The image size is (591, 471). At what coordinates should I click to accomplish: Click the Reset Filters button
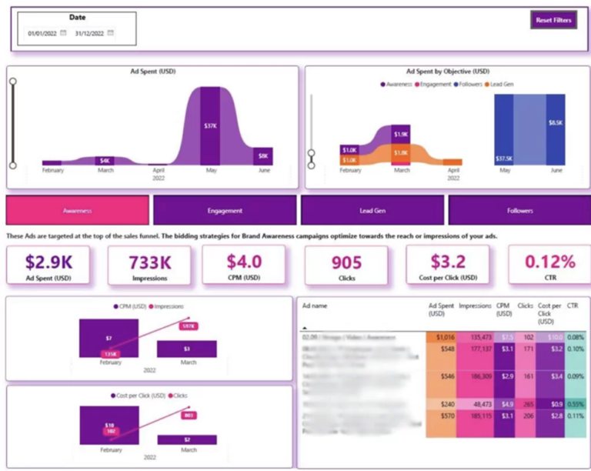[553, 21]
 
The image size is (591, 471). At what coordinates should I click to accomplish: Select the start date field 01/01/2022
[42, 33]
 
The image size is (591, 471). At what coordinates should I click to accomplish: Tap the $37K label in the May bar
[210, 125]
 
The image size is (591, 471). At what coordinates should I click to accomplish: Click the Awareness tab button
[77, 210]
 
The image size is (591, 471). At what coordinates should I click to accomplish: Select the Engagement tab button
[225, 210]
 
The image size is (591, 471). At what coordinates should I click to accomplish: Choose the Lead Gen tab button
[372, 210]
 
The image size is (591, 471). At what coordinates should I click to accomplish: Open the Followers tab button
[519, 210]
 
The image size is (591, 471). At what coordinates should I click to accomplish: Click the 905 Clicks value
[346, 262]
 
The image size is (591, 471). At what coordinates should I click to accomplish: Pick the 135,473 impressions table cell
[475, 336]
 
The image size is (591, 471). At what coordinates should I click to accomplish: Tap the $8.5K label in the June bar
[554, 123]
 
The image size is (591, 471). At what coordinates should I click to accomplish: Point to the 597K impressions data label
[187, 326]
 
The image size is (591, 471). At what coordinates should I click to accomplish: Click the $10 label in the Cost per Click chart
[109, 424]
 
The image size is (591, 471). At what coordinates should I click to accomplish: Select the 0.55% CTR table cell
[574, 403]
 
